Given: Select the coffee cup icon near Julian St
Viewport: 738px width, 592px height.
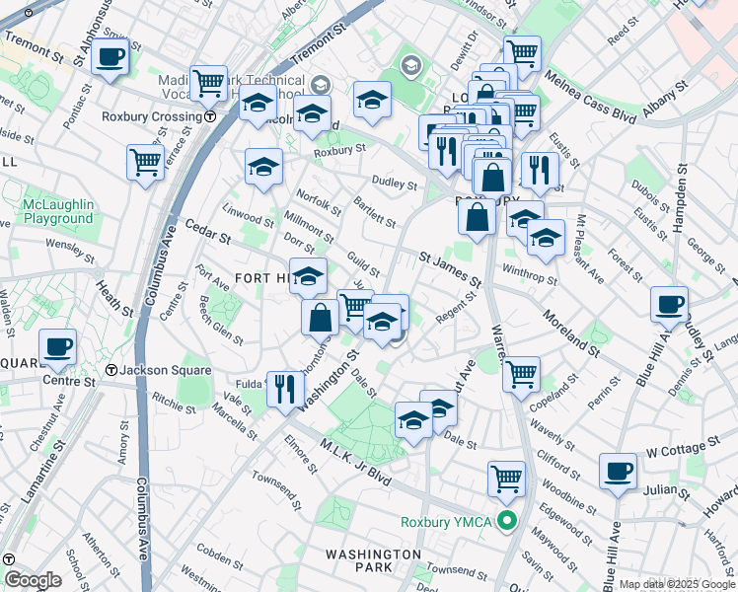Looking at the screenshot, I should pos(619,471).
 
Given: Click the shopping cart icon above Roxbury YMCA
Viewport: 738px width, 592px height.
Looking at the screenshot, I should pos(506,479).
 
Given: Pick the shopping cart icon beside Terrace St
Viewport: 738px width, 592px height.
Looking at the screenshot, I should pos(145,161).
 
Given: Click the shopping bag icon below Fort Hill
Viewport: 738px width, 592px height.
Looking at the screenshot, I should pos(321,317).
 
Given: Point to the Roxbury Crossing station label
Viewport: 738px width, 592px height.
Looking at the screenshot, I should pos(152,115).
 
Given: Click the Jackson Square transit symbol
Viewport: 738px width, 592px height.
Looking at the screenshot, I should pos(112,370).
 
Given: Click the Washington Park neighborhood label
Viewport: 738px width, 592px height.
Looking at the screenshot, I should pos(373,560).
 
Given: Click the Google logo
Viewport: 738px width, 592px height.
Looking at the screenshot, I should pos(33,580).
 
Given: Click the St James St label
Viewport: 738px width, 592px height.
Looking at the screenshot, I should pos(449,270).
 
